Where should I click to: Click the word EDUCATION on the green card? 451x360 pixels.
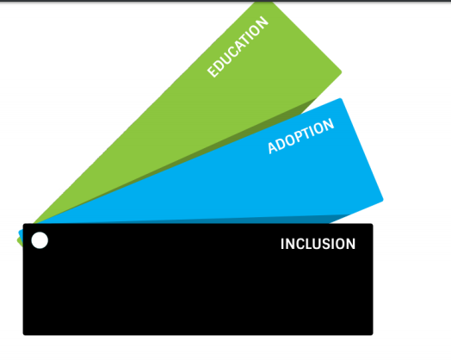pos(238,47)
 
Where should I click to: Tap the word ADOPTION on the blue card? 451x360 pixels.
pos(301,136)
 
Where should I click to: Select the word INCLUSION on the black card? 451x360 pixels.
pos(318,244)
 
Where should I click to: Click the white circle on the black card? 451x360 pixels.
pos(40,240)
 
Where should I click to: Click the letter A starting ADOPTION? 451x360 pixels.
pos(273,147)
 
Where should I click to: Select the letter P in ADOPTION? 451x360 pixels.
pos(301,136)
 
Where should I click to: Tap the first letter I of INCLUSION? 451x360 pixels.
pos(282,244)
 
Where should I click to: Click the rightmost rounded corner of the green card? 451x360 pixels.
pos(341,72)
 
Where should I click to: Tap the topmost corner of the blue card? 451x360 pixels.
pos(340,99)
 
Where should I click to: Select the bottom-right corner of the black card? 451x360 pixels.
pos(372,334)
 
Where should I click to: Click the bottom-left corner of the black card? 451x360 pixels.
pos(24,334)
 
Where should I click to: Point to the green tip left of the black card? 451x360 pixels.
pos(20,242)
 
